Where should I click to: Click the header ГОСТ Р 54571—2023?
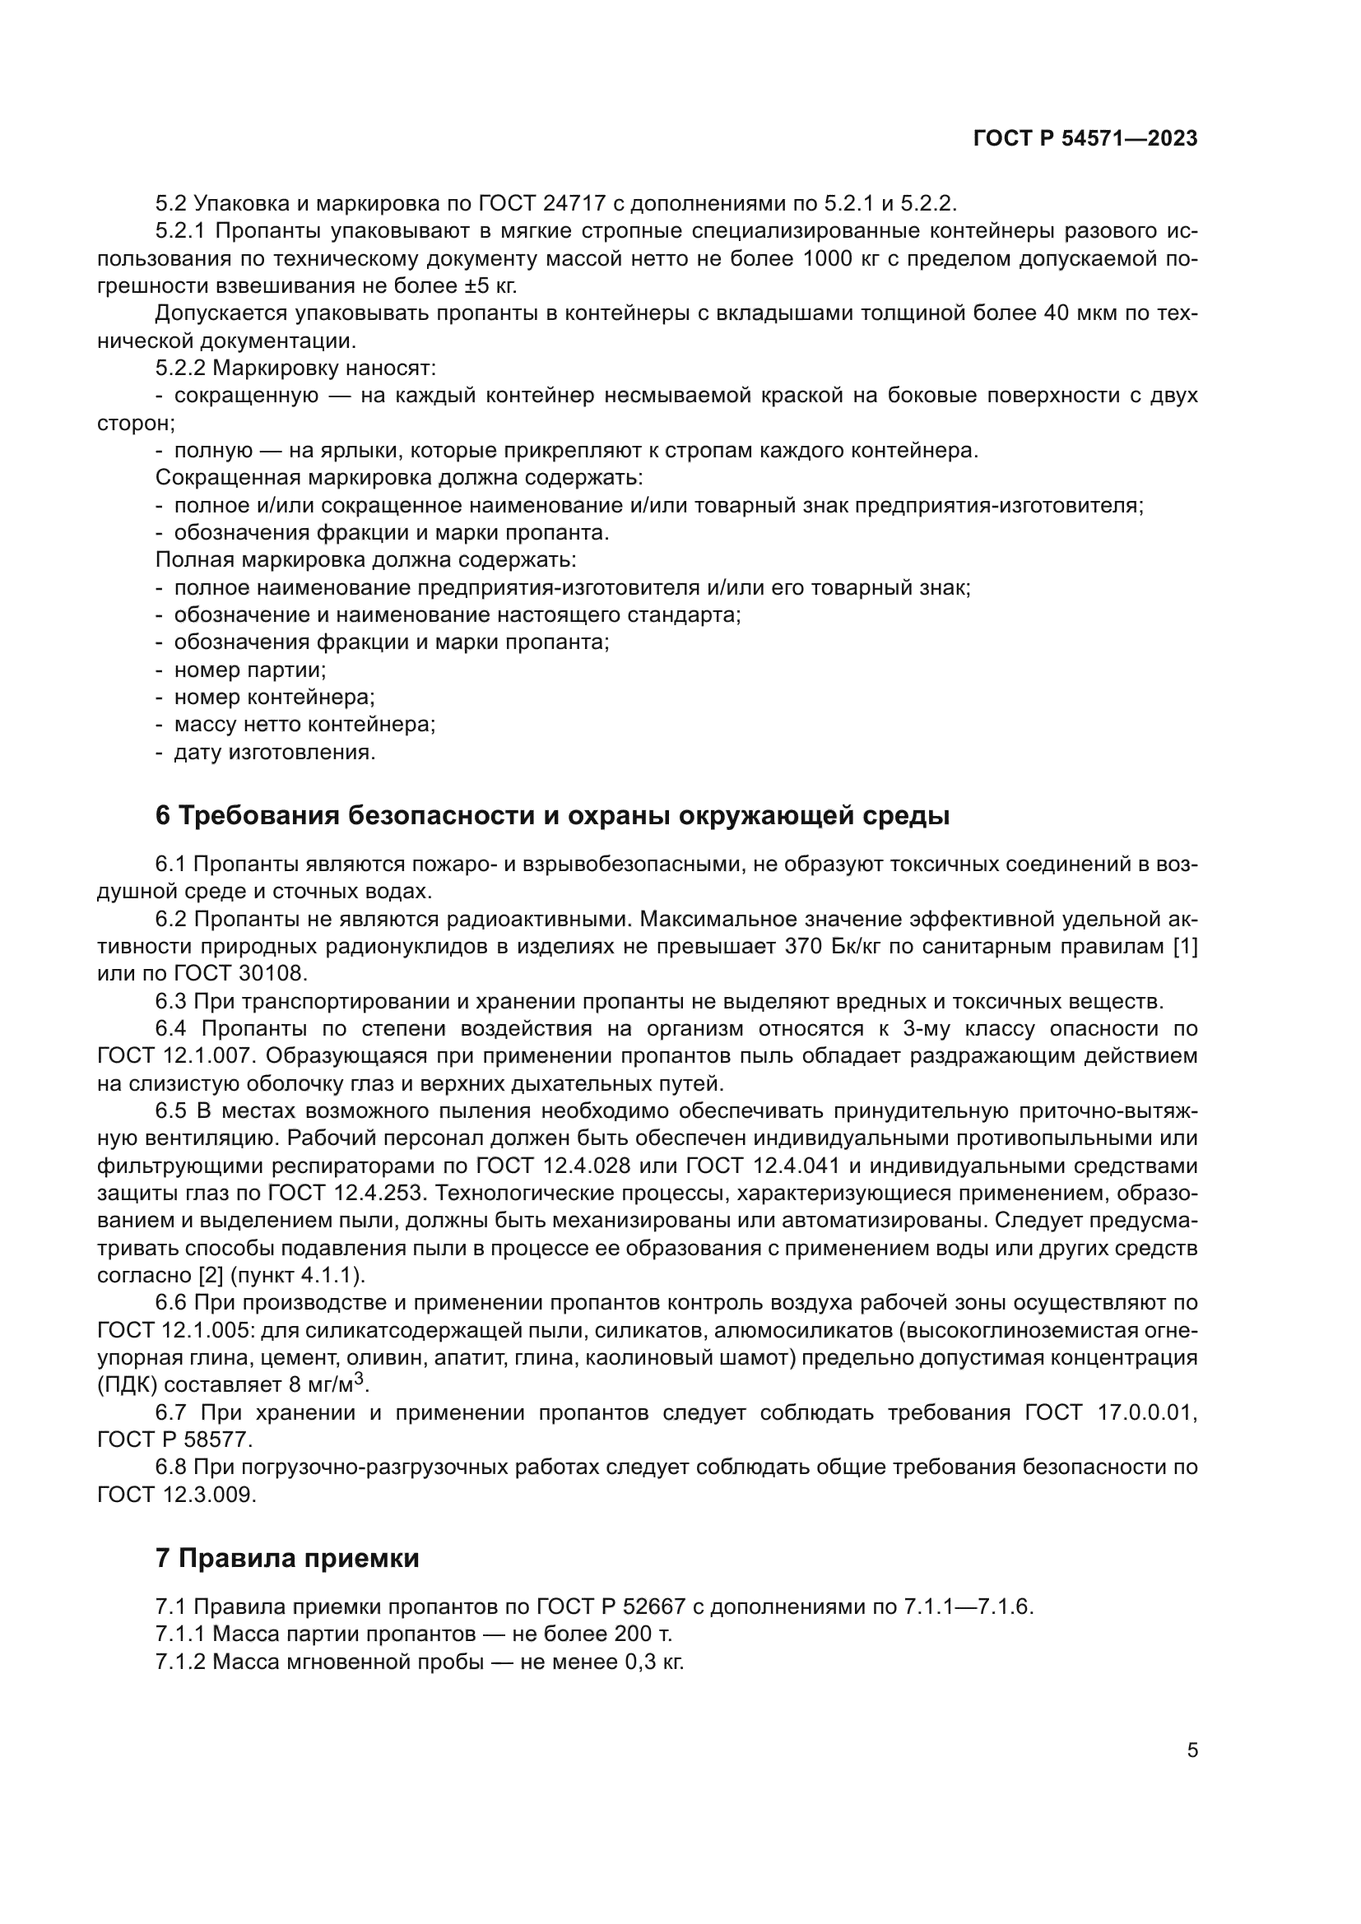point(1085,139)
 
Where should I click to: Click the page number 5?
point(1191,1750)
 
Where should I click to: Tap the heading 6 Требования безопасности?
point(552,815)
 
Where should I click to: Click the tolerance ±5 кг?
point(490,285)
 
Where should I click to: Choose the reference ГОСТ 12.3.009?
point(177,1495)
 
